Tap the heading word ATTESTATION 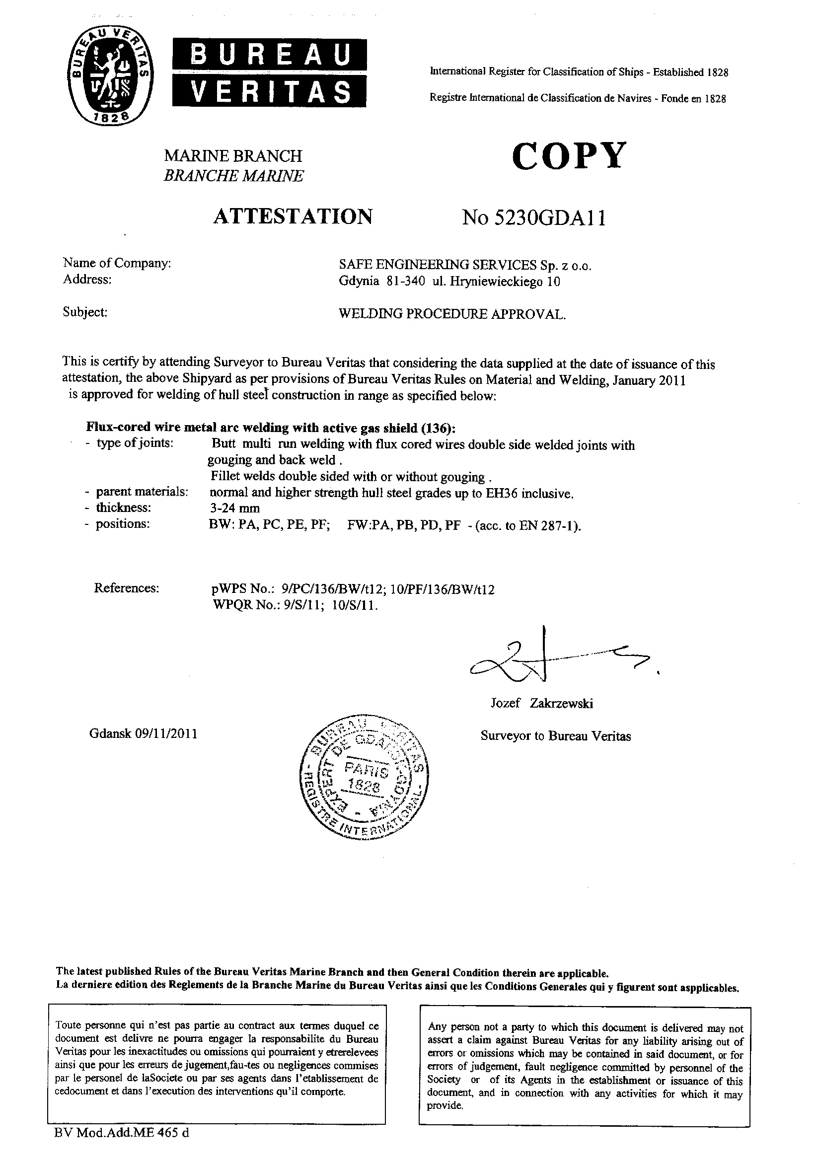click(293, 217)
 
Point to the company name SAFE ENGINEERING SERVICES click(437, 265)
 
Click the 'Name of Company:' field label click(117, 263)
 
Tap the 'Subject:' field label click(85, 312)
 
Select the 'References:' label click(127, 588)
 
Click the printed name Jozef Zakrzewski click(542, 703)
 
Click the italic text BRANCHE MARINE click(234, 176)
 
